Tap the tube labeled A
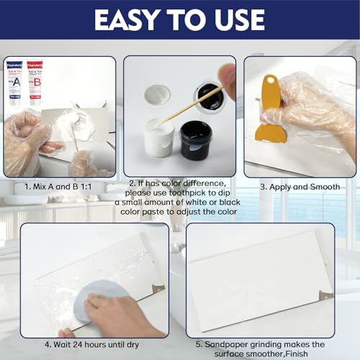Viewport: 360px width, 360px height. (x=15, y=81)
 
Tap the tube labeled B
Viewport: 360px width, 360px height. (x=34, y=81)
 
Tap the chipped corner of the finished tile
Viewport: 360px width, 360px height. (x=325, y=295)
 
